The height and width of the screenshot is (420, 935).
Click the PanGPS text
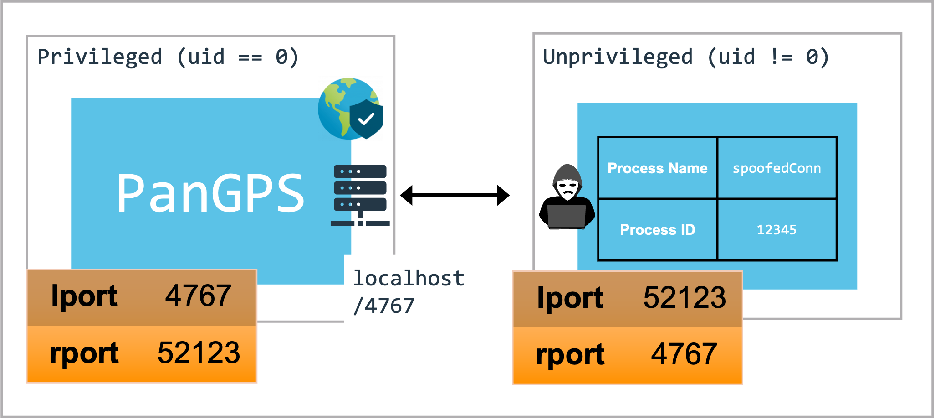(x=210, y=193)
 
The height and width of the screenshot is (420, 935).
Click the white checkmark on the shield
(x=366, y=119)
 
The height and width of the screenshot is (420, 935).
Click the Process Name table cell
(x=657, y=168)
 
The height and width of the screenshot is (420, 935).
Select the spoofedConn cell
(x=777, y=168)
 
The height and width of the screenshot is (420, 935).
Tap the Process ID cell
(x=657, y=230)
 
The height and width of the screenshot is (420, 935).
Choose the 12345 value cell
(x=777, y=230)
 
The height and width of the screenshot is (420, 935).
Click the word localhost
(x=409, y=278)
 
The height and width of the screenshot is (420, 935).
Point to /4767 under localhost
(x=384, y=306)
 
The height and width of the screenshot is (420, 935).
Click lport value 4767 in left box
(x=198, y=296)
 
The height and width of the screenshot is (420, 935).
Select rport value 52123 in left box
(x=199, y=353)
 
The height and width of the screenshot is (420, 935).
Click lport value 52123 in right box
(x=685, y=298)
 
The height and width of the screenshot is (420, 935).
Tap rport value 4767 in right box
(x=684, y=354)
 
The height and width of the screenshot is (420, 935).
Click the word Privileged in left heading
(x=100, y=57)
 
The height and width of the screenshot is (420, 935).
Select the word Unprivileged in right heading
(x=618, y=57)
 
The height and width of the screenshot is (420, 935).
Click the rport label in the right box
(x=570, y=355)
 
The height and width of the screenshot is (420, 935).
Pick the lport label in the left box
(x=84, y=296)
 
